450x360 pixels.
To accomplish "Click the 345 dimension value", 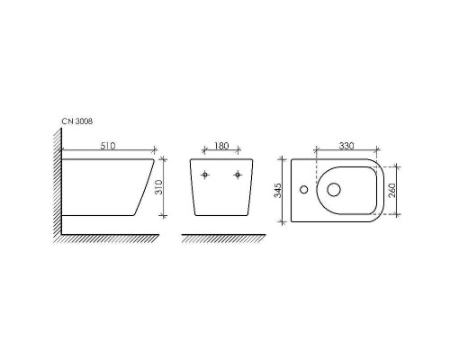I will coord(281,190).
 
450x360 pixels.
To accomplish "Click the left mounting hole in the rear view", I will coord(206,175).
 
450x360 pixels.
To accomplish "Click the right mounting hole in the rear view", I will coord(238,175).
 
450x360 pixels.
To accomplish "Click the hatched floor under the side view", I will coord(108,240).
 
